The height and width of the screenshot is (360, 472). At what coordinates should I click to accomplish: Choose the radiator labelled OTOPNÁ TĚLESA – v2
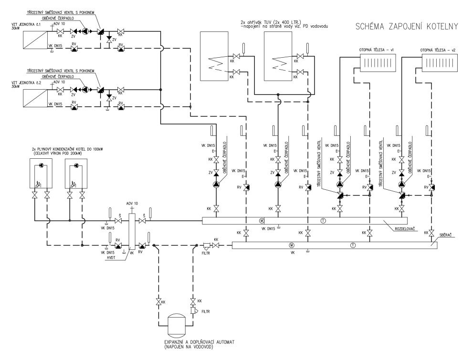(438, 62)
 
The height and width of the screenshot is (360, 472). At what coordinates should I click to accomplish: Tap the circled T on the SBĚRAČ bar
(353, 245)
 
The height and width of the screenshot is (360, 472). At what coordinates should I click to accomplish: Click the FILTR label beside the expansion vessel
(206, 312)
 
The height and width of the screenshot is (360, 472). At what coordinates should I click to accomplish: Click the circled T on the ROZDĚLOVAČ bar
(323, 220)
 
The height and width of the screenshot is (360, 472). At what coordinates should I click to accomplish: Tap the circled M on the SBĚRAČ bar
(292, 245)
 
